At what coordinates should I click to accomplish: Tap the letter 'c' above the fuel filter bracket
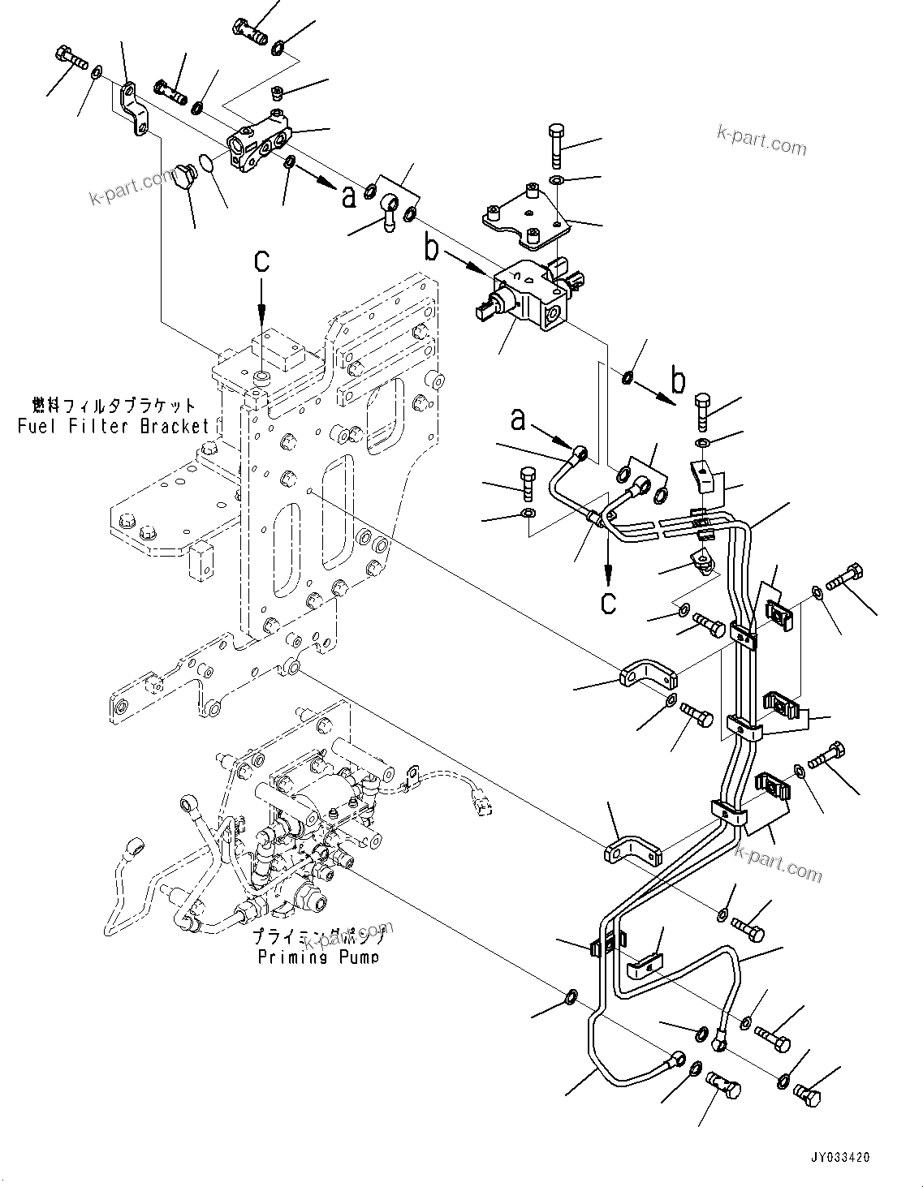tap(261, 260)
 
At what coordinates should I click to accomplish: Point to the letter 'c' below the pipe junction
tap(608, 601)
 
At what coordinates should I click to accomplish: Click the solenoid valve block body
tap(532, 296)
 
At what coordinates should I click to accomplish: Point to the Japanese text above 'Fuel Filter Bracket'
tap(114, 405)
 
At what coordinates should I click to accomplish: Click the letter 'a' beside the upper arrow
tap(348, 196)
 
